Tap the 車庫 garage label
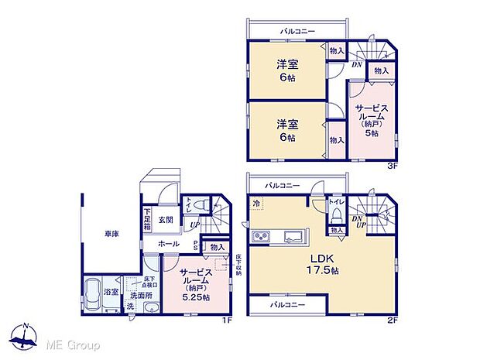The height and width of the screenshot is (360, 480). tap(111, 233)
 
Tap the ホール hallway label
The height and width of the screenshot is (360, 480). tap(169, 244)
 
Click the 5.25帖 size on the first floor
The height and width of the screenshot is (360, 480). tap(194, 295)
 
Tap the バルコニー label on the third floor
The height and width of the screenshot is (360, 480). tap(297, 31)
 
